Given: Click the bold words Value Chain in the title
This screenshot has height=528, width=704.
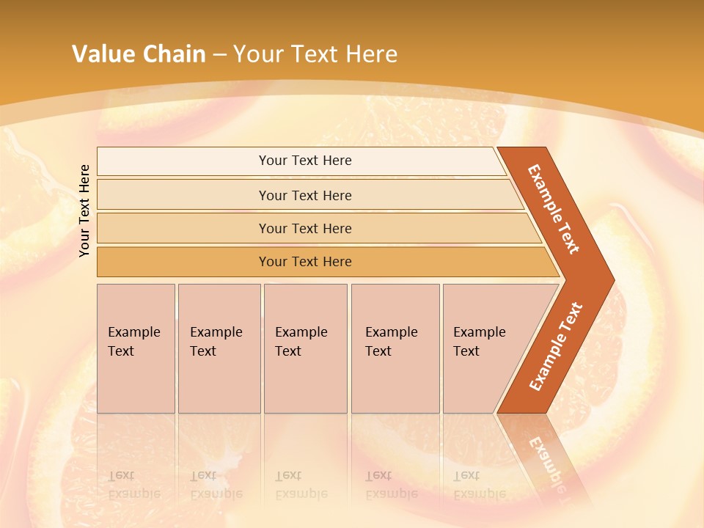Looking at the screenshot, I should pos(139,54).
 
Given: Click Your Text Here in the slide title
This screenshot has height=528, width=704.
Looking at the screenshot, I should pos(315,54).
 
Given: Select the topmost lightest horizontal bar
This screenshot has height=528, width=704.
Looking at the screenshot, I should pos(183,161).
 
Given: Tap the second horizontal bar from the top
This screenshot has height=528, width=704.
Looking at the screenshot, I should pos(183,195).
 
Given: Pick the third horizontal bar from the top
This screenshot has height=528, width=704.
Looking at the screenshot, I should pos(183,229).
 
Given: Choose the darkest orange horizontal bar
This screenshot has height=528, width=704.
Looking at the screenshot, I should pos(183,262).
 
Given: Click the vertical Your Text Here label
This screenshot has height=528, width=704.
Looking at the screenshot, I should pos(85,210).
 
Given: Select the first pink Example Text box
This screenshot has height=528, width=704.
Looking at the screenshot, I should pos(136,348).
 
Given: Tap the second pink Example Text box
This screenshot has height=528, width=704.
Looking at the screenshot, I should pos(219,348).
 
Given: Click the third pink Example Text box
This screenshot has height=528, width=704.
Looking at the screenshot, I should pos(305,348).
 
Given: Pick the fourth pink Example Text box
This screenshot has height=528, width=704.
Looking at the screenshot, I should pos(395,348).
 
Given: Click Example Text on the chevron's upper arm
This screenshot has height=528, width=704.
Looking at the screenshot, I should pos(554,209).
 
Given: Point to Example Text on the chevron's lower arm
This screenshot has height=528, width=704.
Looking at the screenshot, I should pos(556,347).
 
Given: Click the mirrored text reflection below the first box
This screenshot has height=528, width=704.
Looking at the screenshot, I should pos(134,485).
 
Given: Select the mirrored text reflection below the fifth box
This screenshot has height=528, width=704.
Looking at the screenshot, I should pos(480,485).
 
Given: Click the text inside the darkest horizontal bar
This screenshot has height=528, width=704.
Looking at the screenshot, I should pos(305,262).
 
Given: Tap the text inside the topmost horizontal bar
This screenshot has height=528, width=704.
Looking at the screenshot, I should pos(305,161).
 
